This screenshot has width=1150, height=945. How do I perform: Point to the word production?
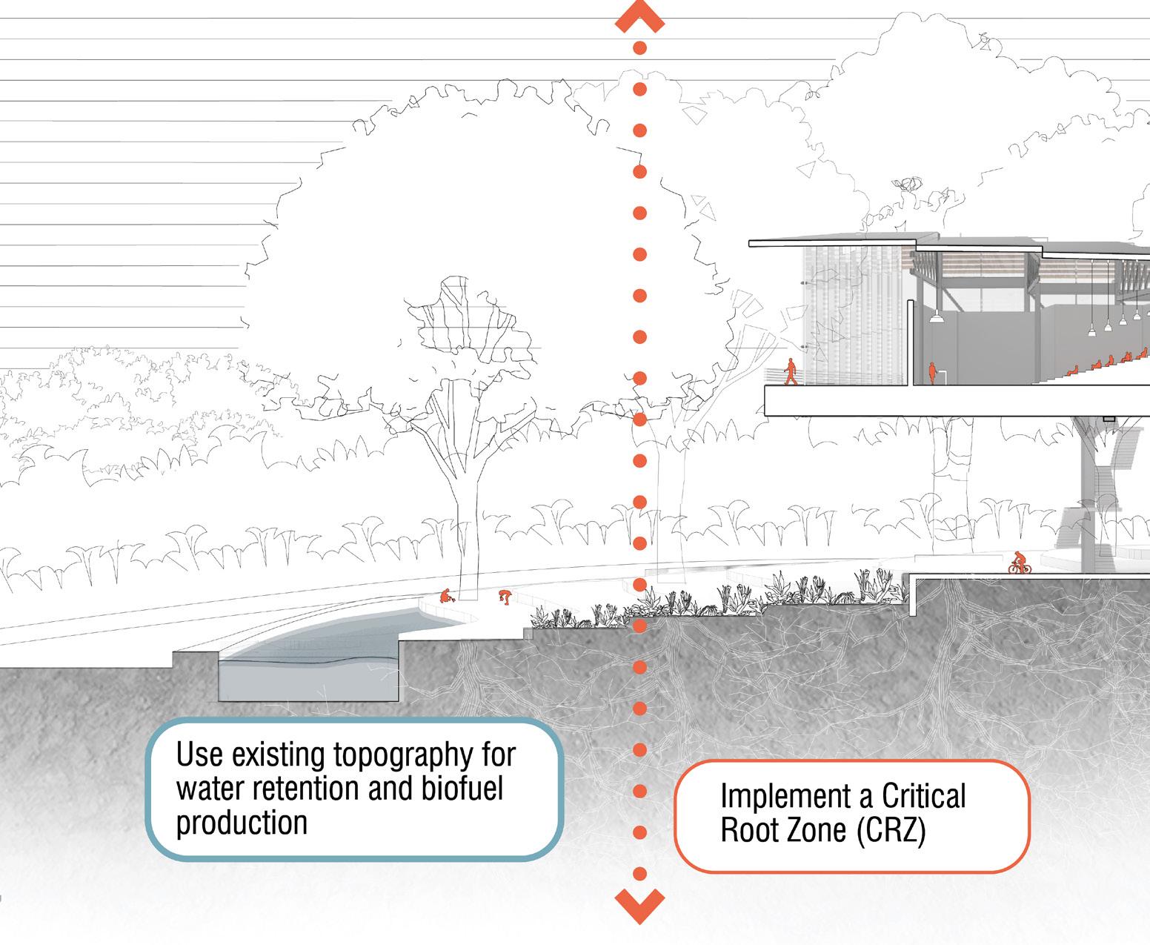pos(242,823)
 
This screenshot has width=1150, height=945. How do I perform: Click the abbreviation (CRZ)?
pos(891,830)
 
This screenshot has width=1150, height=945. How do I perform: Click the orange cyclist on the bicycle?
pos(1020,563)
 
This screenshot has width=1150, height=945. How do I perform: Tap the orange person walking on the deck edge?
pos(791,371)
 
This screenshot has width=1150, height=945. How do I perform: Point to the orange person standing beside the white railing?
pos(931,373)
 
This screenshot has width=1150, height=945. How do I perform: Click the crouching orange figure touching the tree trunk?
pos(445,595)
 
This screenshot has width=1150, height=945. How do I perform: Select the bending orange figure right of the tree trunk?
pos(505,596)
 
